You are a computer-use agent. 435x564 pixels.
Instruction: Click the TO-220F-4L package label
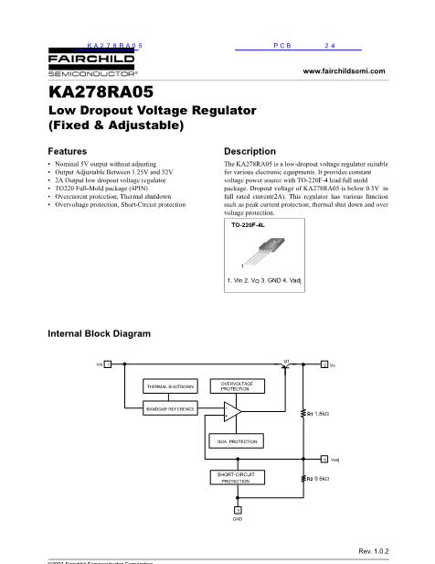pyautogui.click(x=249, y=223)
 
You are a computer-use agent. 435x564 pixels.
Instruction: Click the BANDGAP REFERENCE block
pyautogui.click(x=170, y=408)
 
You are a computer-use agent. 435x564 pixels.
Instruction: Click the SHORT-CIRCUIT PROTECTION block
pyautogui.click(x=235, y=476)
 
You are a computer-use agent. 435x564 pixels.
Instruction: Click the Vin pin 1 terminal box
pyautogui.click(x=108, y=364)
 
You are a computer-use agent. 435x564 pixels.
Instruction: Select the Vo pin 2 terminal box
pyautogui.click(x=324, y=364)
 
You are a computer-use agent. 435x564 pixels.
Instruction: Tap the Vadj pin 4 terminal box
pyautogui.click(x=324, y=457)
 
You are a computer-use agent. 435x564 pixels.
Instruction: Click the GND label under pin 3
pyautogui.click(x=237, y=519)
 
